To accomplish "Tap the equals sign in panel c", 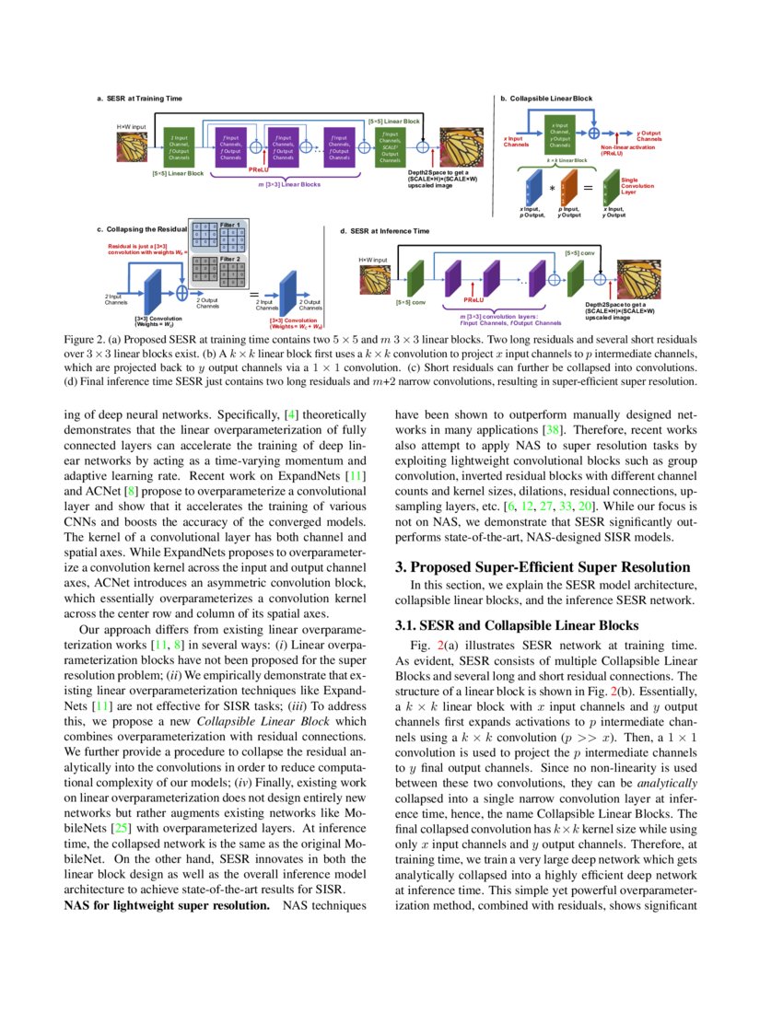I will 253,295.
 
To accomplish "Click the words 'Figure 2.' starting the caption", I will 84,339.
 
